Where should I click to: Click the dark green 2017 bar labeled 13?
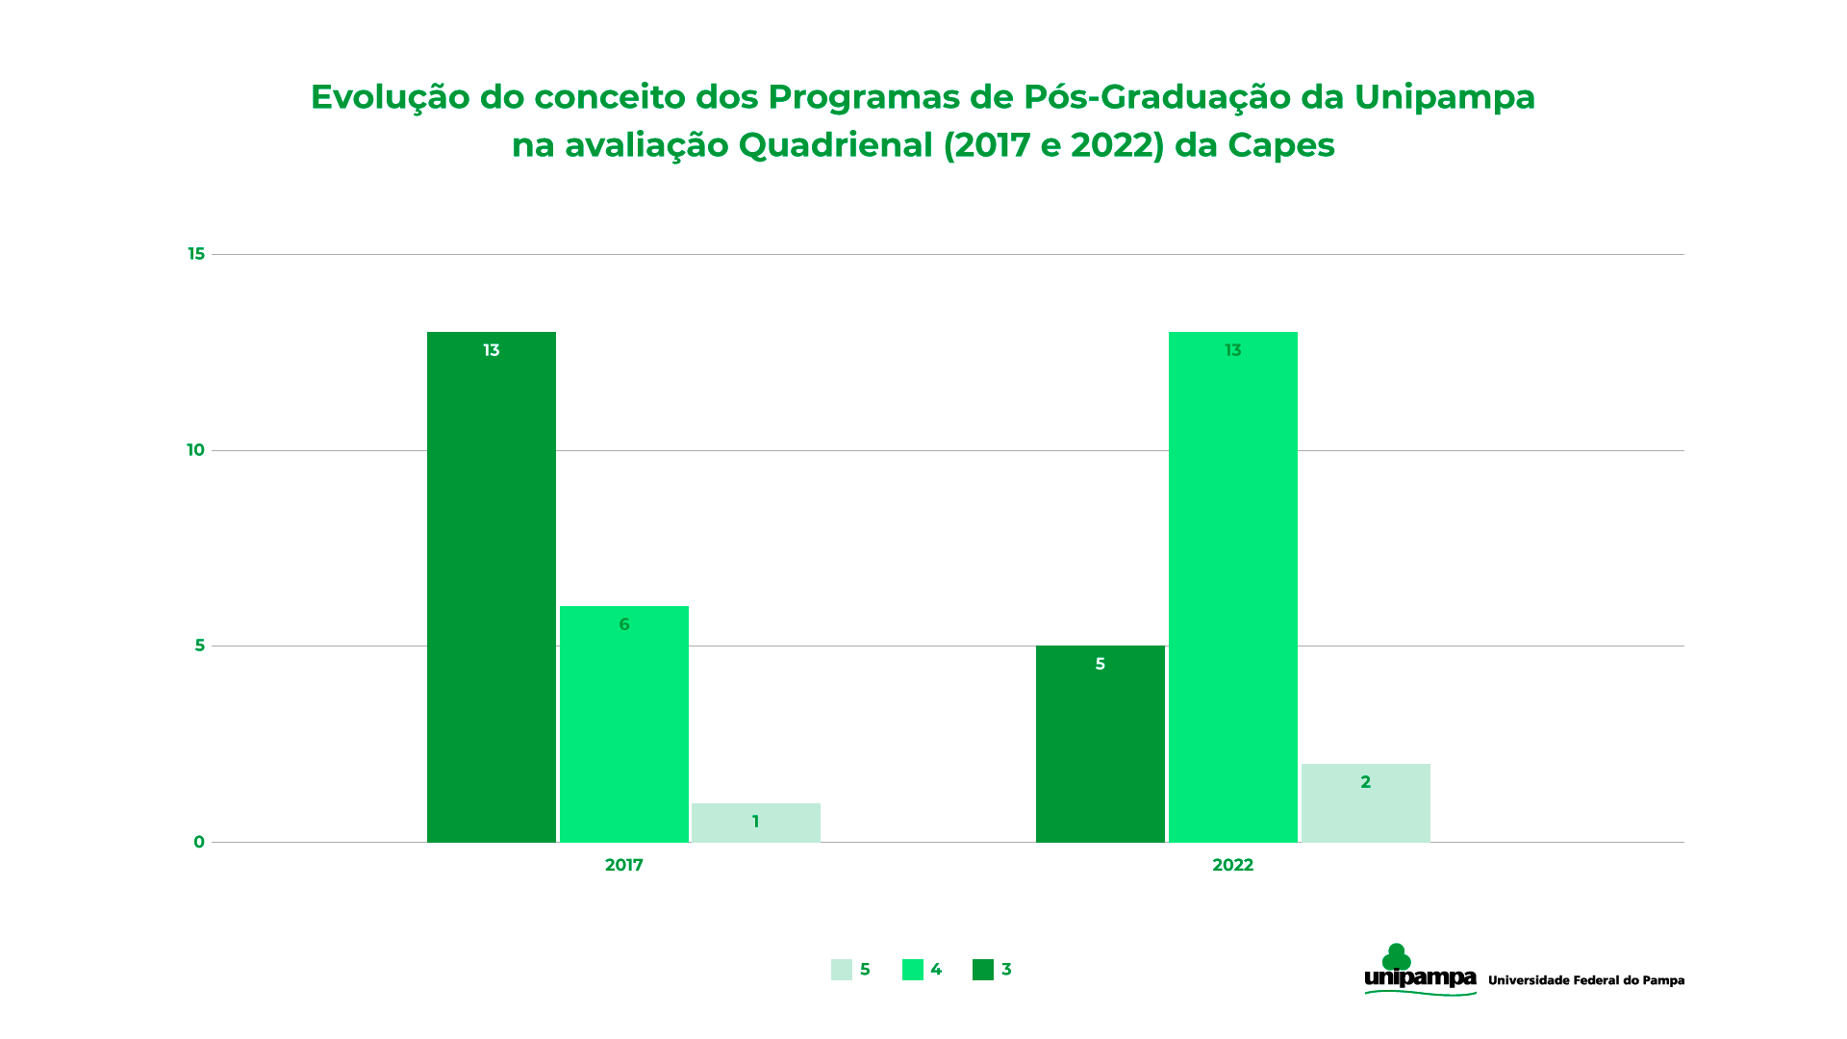click(x=491, y=587)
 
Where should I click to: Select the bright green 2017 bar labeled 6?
click(x=623, y=723)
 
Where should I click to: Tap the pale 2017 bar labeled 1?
click(x=755, y=823)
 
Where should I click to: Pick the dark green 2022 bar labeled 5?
click(x=1100, y=744)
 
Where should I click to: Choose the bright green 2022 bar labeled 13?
click(x=1232, y=587)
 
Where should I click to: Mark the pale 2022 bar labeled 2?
click(x=1365, y=802)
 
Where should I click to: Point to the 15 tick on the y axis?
click(x=196, y=254)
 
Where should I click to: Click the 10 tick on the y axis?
click(x=195, y=450)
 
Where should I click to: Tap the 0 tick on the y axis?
click(x=199, y=842)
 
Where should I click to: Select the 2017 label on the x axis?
click(x=623, y=865)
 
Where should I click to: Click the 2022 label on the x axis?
click(x=1232, y=865)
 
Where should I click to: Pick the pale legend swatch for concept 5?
click(x=842, y=970)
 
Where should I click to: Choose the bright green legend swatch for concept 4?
click(x=912, y=970)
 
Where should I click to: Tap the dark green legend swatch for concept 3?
click(x=982, y=970)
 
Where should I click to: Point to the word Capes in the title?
click(x=1280, y=145)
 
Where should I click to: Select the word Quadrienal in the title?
click(x=835, y=145)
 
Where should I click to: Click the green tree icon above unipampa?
click(x=1396, y=957)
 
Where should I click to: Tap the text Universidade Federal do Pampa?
click(x=1585, y=980)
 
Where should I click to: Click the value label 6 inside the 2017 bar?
click(x=624, y=624)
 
